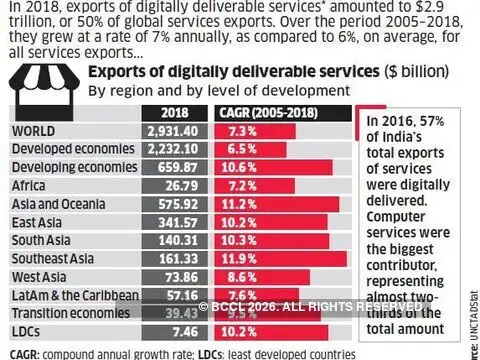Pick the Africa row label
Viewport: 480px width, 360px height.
tap(31, 184)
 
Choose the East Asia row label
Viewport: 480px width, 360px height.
tap(39, 221)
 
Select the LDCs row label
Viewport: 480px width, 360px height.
tap(27, 330)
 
